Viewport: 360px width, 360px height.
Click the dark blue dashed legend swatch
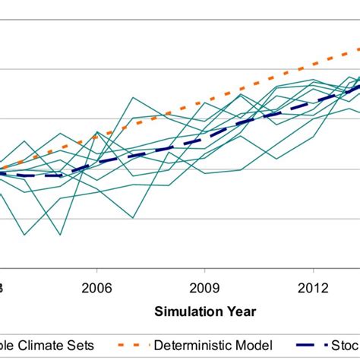pos(309,345)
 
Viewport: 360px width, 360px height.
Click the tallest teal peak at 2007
pos(133,98)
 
